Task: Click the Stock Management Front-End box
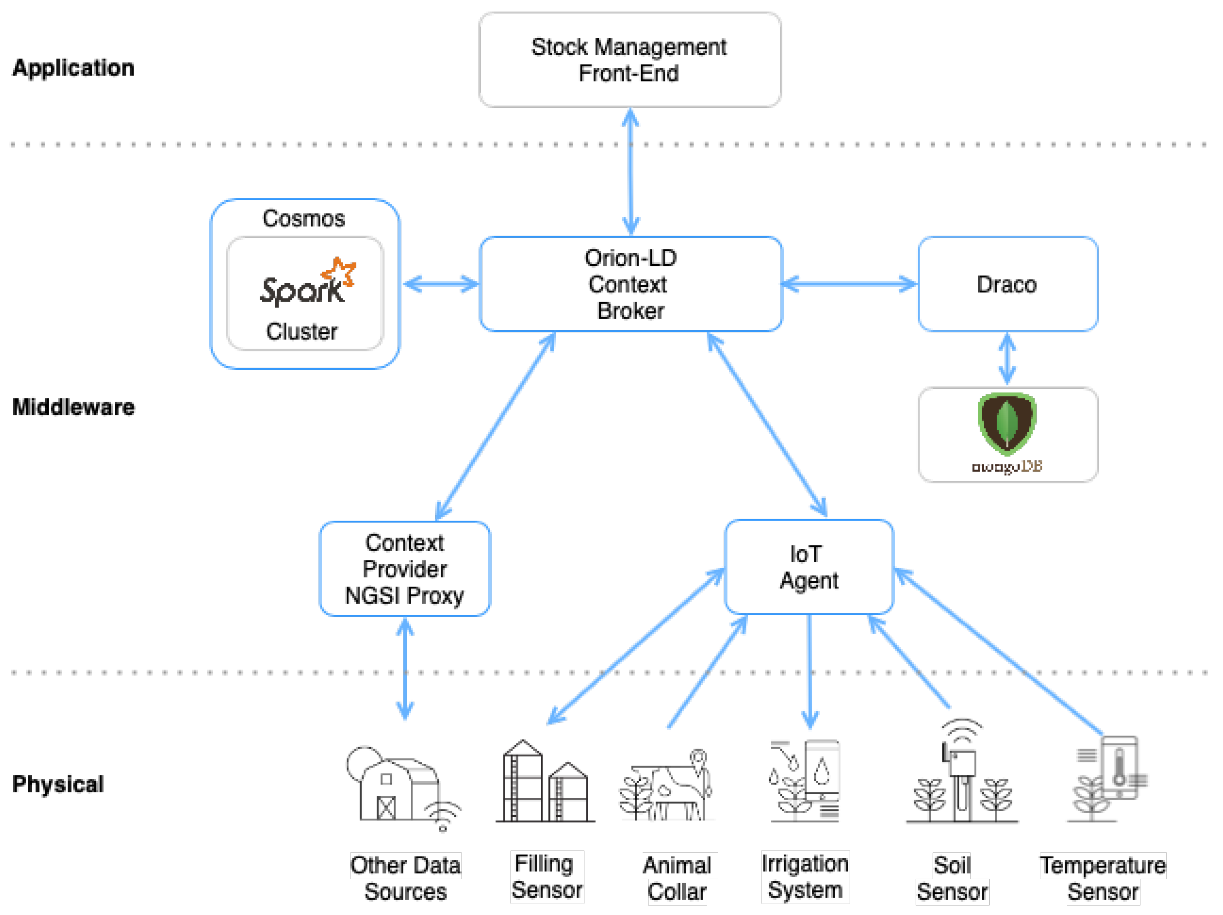click(x=630, y=60)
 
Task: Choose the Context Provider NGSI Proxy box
click(x=405, y=569)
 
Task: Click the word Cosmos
click(x=303, y=219)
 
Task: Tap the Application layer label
click(x=73, y=67)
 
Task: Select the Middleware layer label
click(x=73, y=407)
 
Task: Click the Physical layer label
click(x=58, y=784)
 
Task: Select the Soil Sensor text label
click(x=951, y=878)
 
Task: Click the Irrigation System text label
click(x=804, y=876)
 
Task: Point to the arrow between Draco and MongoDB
click(x=1007, y=358)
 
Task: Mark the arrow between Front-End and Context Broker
click(x=630, y=172)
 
